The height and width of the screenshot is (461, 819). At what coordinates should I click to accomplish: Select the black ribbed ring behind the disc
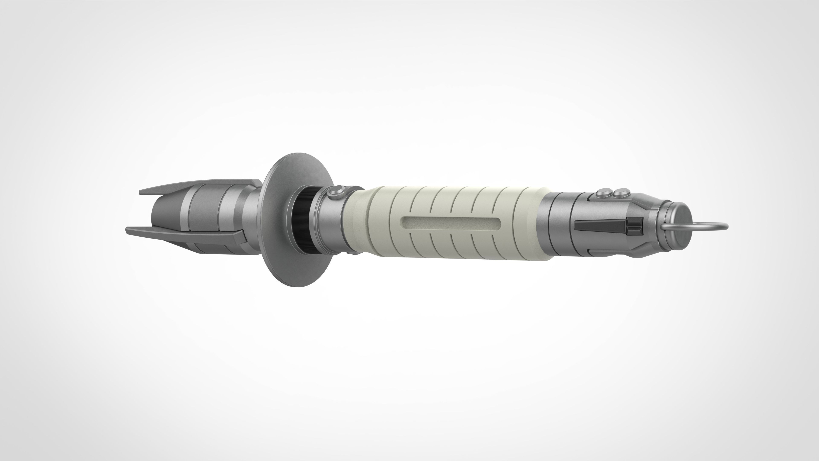[x=301, y=219]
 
